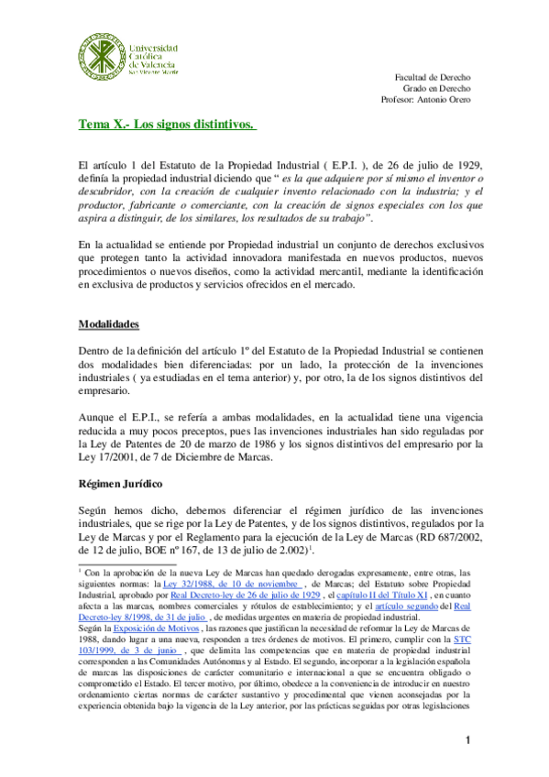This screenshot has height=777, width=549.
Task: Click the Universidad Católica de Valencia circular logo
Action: [101, 55]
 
